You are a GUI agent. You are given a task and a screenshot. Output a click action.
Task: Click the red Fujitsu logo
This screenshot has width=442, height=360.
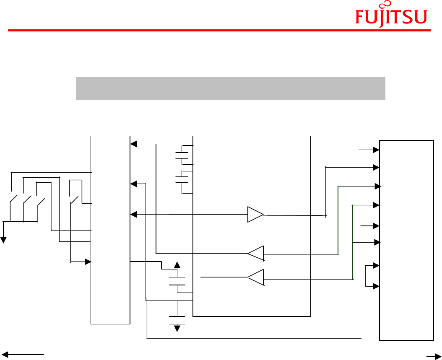391,16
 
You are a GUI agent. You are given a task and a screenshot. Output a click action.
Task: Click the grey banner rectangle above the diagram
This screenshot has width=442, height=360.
230,88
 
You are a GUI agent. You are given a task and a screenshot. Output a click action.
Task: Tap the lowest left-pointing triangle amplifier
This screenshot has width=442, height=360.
256,277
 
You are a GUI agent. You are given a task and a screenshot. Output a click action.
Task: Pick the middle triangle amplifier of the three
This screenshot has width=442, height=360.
255,254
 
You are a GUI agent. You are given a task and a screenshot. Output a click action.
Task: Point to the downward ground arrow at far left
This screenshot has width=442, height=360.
4,239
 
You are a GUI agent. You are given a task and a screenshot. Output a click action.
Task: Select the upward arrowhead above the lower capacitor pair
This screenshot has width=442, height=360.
177,265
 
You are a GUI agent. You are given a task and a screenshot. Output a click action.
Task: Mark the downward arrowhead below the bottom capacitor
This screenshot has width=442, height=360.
177,328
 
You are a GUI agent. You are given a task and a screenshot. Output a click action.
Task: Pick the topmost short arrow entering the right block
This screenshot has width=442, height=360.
369,149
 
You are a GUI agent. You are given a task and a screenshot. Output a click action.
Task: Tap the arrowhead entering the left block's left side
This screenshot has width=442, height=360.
88,262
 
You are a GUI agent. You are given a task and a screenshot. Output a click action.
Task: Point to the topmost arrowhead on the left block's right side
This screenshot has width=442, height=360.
133,144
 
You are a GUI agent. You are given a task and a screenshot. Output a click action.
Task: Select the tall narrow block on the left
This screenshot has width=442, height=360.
110,230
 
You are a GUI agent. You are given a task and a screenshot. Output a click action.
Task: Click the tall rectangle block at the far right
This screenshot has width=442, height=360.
406,240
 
